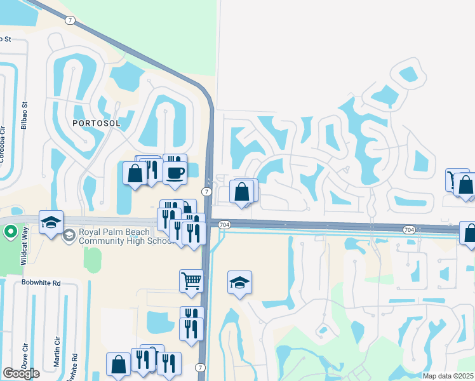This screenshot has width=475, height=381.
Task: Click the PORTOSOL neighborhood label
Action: (97, 123)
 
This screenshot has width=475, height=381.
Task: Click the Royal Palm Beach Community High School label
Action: (124, 236)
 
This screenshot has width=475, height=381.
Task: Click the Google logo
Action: (21, 373)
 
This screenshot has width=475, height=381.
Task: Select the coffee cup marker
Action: (175, 171)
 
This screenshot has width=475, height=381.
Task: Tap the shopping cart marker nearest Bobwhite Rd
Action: (191, 280)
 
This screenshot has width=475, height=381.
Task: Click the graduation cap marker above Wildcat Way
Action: (51, 222)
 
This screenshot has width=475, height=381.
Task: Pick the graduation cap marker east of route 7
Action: (240, 283)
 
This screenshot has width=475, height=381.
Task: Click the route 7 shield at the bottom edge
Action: (201, 368)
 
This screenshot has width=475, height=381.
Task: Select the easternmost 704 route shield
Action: (409, 229)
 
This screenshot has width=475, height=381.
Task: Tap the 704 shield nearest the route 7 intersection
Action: (223, 225)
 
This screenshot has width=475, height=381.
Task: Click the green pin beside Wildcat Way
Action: (10, 231)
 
